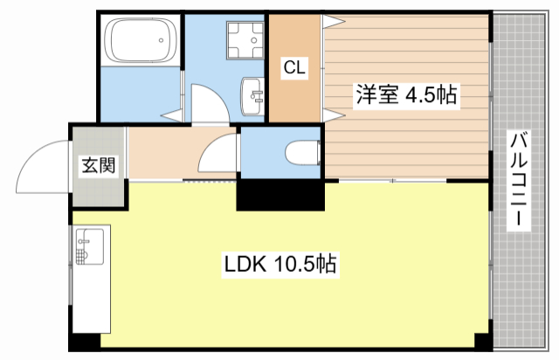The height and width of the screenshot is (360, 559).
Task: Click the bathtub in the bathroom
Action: tap(139, 41)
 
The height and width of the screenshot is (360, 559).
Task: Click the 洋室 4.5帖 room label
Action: tap(404, 95)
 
